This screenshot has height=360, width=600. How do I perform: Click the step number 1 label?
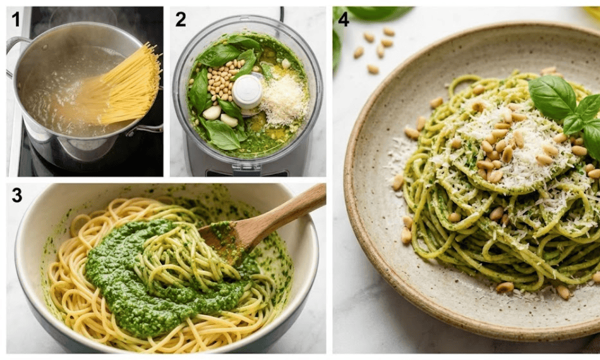point(16,20)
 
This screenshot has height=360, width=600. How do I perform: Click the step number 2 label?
point(181,20)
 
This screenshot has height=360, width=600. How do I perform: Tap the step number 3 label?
point(17,196)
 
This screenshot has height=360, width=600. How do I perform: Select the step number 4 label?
point(343,19)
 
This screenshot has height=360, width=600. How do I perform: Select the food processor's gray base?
point(246,165)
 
